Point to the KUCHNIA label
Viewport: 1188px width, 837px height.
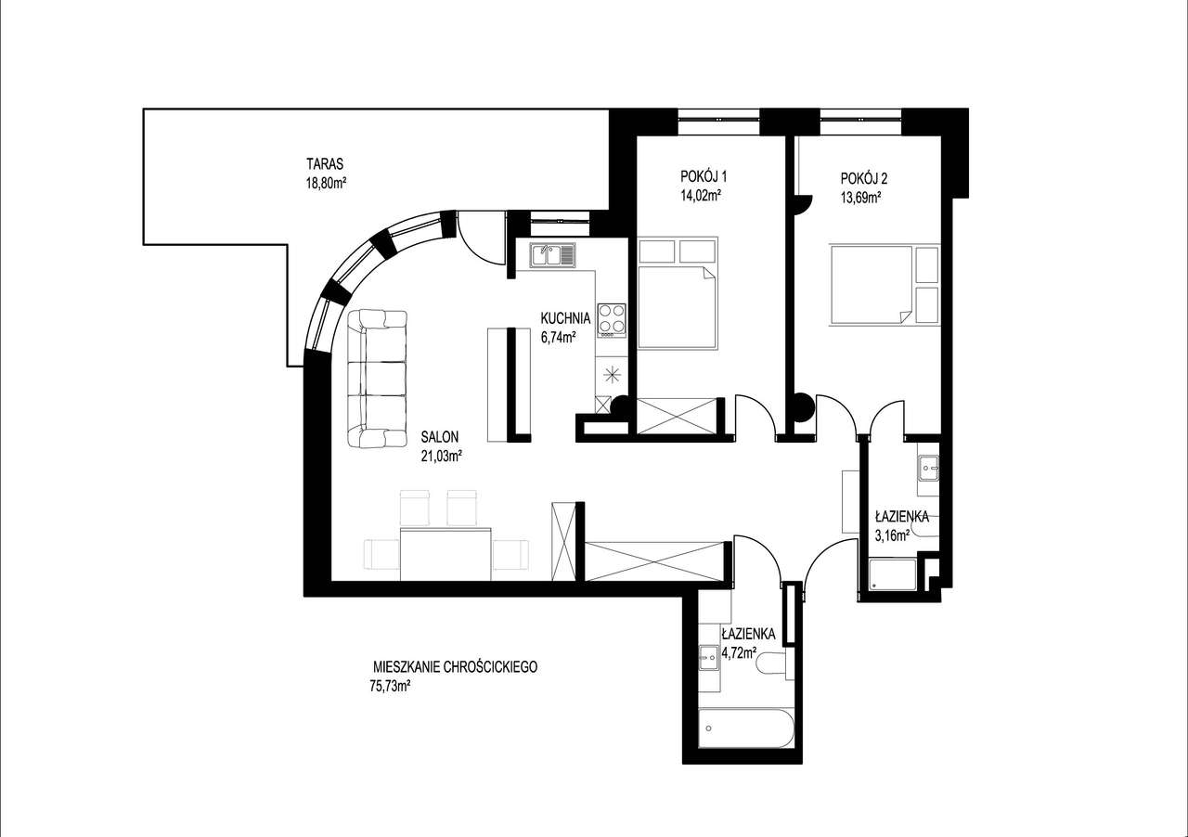pos(565,318)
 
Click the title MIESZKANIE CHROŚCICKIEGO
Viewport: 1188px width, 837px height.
pos(455,667)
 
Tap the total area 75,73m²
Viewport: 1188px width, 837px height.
pos(390,687)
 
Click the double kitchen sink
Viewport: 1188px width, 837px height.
pos(553,253)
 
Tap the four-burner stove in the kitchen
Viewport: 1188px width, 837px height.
pos(612,318)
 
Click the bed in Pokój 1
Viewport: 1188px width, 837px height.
pos(677,307)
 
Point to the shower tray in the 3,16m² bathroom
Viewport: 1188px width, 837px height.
pos(892,574)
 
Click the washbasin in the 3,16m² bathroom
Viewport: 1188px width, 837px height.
pos(929,469)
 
